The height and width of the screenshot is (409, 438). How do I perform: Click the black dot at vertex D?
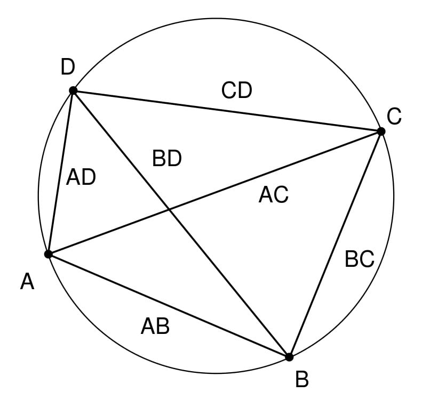point(73,91)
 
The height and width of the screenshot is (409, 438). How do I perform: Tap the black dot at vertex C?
point(381,132)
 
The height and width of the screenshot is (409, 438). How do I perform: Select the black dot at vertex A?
point(49,254)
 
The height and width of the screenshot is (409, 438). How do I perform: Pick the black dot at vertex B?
point(289,357)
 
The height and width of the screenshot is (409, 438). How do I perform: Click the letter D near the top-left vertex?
point(68,67)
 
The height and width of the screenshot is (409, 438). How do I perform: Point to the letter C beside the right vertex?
point(394,117)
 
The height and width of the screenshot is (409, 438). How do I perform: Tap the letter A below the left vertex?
point(27,282)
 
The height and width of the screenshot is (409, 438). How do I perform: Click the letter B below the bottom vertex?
point(302,379)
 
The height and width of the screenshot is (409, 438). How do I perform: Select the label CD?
point(236,91)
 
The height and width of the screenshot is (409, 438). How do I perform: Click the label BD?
point(167,158)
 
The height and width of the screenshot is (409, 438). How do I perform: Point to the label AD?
point(81,177)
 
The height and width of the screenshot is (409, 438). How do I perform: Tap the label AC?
point(274,194)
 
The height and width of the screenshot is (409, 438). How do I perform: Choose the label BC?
point(360,259)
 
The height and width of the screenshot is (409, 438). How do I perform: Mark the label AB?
point(155,326)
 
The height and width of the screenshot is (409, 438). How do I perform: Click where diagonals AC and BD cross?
point(169,209)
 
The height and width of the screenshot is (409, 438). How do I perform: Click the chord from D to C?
point(227,111)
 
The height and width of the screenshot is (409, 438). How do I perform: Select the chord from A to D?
point(61,173)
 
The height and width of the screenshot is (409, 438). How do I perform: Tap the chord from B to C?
point(335,244)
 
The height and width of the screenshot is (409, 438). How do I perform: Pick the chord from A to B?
point(169,306)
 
